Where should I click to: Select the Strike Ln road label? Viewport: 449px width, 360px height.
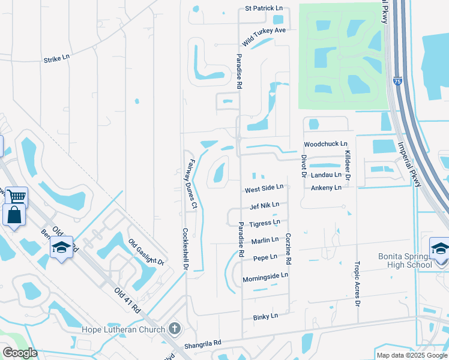coord(57,59)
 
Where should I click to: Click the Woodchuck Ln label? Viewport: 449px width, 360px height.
coord(325,144)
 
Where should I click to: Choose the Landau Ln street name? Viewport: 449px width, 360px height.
coord(326,175)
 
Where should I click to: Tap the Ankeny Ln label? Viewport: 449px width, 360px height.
coord(326,188)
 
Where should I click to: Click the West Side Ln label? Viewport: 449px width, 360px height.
coord(264,190)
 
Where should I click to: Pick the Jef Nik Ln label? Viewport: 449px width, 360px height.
coord(265,205)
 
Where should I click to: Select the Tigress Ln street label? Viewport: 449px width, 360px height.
coord(265,223)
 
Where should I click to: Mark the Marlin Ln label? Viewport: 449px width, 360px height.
coord(265,240)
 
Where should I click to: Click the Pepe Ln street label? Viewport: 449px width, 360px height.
coord(265,257)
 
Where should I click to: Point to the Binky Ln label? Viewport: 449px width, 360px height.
coord(265,316)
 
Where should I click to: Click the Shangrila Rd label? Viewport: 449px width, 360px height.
coord(202,343)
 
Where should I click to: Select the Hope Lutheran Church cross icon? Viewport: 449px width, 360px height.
coord(175,328)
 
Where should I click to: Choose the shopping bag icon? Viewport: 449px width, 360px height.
coord(13,215)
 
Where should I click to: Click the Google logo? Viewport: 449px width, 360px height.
coord(20,353)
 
